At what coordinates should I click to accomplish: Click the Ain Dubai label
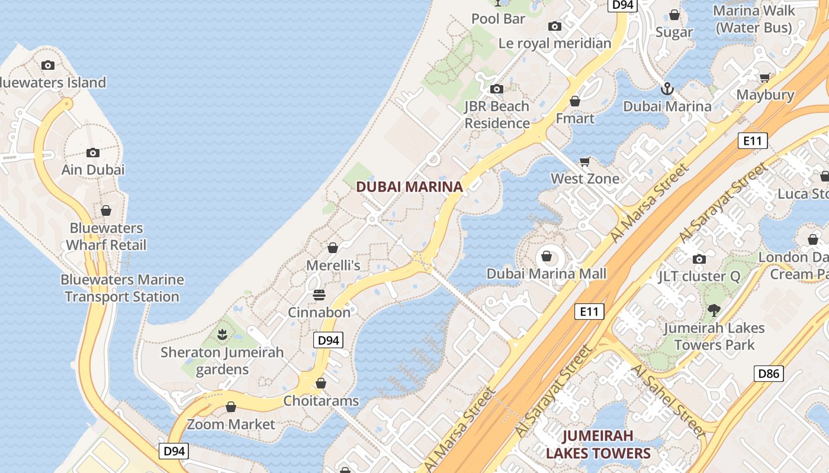coord(93,170)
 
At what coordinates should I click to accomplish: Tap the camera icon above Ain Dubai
coord(92,153)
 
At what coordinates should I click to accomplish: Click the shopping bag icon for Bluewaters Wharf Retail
coord(106,210)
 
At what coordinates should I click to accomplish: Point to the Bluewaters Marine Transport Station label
coord(123,288)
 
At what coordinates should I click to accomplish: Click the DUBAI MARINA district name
coord(409,187)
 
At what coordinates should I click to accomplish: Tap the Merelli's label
coord(333,265)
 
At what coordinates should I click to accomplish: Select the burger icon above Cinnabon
coord(319,294)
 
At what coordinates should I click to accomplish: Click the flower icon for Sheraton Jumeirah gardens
coord(222,335)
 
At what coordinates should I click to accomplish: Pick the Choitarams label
coord(321,401)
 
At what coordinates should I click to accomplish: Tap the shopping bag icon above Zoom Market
coord(231,407)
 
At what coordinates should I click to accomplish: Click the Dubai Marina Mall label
coord(547,274)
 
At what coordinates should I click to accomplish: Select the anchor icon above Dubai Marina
coord(667,89)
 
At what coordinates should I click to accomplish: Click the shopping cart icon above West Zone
coord(585,161)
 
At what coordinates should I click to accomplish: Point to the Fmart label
coord(575,118)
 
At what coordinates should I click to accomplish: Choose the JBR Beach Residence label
coord(497,115)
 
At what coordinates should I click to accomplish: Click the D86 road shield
coord(769,373)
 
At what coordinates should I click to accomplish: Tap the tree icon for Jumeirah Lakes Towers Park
coord(714,310)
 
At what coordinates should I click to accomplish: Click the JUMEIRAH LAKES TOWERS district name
coord(598,445)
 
